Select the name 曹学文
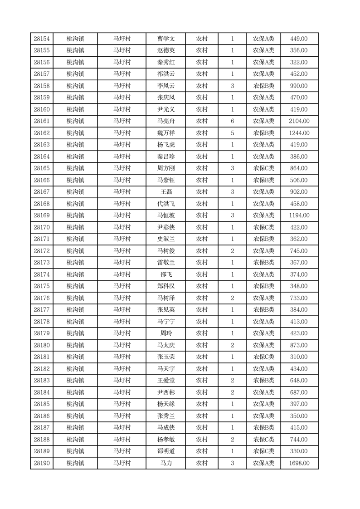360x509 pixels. click(x=166, y=39)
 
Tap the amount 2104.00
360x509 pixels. click(x=299, y=121)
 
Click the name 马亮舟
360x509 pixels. click(x=166, y=121)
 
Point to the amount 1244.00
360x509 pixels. click(x=299, y=133)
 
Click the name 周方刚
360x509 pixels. click(x=166, y=168)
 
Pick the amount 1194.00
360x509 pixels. click(x=299, y=215)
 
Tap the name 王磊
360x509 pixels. click(x=166, y=192)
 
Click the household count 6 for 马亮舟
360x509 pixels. click(x=232, y=121)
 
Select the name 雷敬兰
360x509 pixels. click(x=166, y=263)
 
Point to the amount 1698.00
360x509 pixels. click(x=299, y=463)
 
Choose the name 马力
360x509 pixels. click(x=166, y=463)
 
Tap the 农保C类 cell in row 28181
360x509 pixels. click(x=263, y=357)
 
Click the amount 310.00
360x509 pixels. click(x=299, y=357)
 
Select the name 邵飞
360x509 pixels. click(x=166, y=274)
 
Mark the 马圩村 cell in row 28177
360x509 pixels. click(x=122, y=310)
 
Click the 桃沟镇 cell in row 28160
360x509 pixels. click(x=75, y=109)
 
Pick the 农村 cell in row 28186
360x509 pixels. click(x=202, y=416)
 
